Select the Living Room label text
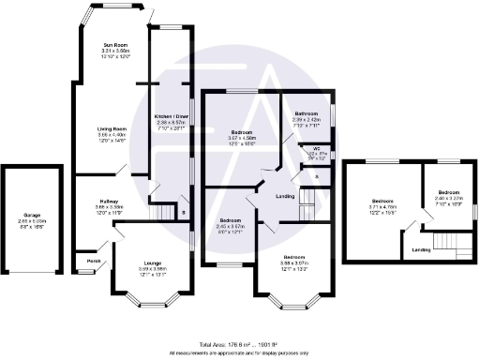tap(113, 127)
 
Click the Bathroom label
tap(307, 113)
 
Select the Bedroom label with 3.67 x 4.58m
tap(243, 132)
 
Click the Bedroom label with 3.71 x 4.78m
tap(382, 202)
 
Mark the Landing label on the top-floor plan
tap(422, 249)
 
